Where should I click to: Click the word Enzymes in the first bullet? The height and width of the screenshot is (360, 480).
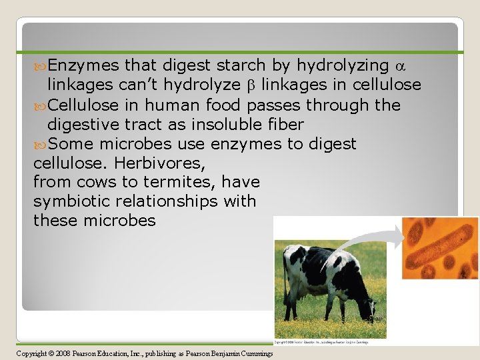83,65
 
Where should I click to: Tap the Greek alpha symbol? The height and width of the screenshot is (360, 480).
400,66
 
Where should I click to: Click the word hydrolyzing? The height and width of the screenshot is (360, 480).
343,65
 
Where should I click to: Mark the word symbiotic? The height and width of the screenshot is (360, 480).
74,201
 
